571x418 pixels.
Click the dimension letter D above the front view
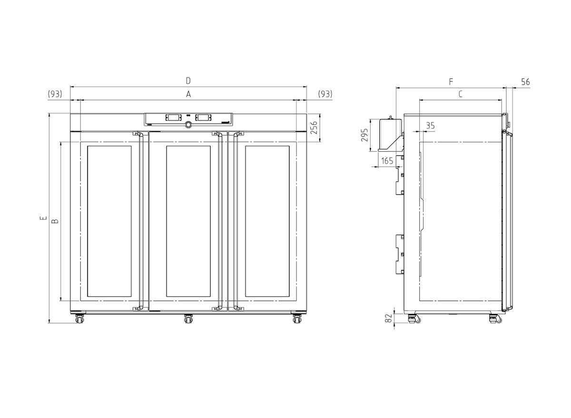188,81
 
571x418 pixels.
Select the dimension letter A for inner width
188,94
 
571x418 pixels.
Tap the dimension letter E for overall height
44,218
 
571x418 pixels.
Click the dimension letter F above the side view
451,82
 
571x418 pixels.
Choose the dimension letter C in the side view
461,94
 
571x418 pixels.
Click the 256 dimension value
314,128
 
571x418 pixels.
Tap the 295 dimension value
365,135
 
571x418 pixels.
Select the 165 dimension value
387,161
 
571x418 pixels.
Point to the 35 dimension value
430,126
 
